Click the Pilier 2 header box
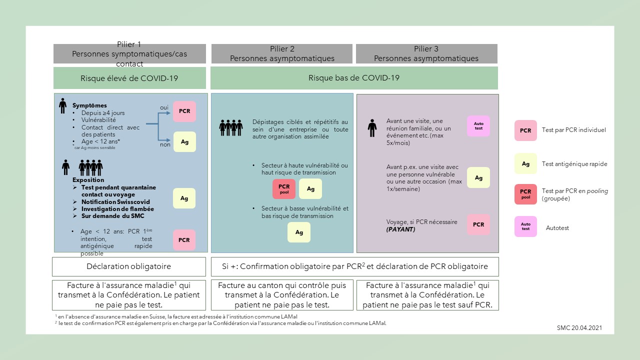(x=282, y=53)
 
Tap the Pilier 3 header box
(x=426, y=53)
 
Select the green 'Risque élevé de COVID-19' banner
(x=129, y=78)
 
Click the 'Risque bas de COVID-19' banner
(x=354, y=78)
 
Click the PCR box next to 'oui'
(x=184, y=111)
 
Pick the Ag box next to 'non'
(x=184, y=142)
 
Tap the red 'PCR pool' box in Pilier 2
(x=284, y=189)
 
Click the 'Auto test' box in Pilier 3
(x=478, y=125)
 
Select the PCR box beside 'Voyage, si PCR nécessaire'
(x=478, y=224)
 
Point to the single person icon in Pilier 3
(x=372, y=128)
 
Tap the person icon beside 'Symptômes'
(x=62, y=106)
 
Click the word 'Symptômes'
(x=89, y=105)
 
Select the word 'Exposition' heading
(x=88, y=180)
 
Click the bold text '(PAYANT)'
(x=400, y=229)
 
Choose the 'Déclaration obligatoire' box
(x=129, y=266)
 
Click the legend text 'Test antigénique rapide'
(x=574, y=164)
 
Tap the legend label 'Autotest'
(x=557, y=228)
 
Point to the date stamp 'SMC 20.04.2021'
(x=579, y=328)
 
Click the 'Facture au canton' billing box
(x=282, y=295)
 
